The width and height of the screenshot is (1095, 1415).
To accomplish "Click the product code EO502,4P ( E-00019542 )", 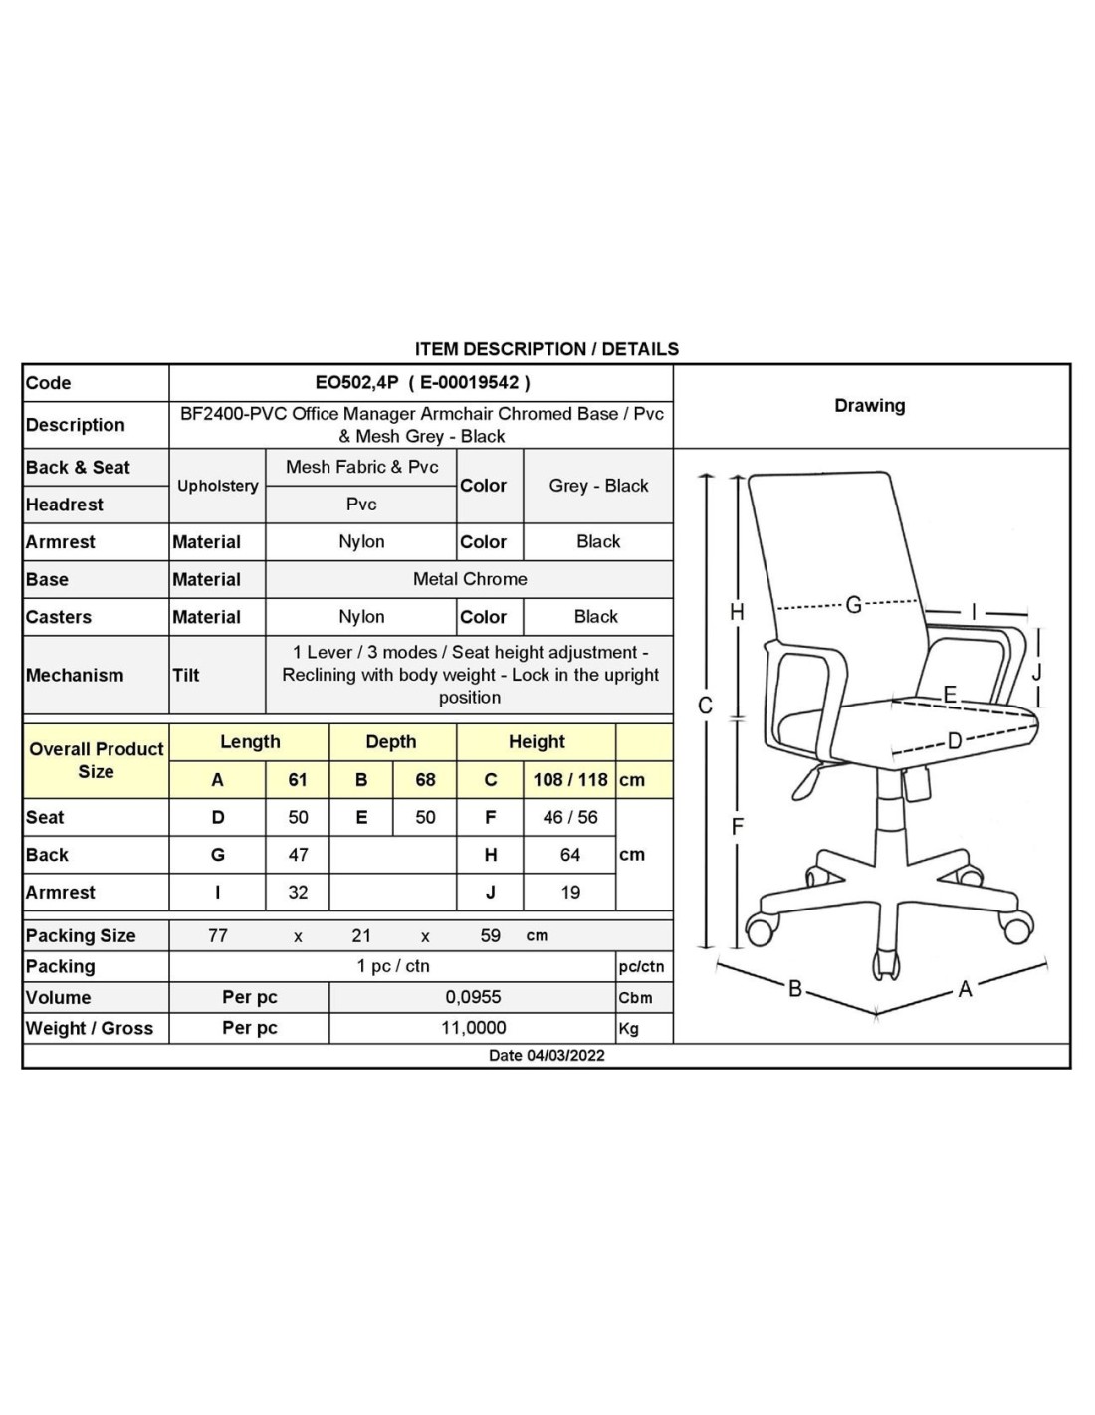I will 422,382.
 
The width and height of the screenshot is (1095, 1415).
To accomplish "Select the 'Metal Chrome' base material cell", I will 470,579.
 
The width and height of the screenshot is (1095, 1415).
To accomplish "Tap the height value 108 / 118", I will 569,780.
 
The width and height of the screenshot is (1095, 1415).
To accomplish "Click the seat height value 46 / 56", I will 570,817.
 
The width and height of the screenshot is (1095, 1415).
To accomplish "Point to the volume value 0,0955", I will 473,997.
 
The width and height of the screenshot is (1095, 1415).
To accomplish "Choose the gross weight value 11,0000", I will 473,1028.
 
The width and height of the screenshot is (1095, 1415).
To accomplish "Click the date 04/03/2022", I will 547,1055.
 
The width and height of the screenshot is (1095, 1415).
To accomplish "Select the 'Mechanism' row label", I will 75,675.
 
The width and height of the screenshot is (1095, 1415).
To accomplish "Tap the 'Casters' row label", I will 59,617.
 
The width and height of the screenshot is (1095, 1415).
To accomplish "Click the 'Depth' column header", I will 391,742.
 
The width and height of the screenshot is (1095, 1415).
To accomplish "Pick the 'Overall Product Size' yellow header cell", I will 96,760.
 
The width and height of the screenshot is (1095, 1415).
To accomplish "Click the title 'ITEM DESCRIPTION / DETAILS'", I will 547,349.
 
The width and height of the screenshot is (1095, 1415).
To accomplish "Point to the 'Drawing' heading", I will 870,406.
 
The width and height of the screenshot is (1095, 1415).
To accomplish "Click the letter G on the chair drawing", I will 853,604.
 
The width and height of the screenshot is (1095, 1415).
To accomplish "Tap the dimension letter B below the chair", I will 794,988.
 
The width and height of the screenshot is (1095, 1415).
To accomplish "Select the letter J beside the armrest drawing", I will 1036,672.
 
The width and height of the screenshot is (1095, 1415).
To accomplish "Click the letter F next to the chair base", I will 737,826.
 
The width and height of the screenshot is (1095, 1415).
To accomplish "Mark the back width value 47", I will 298,855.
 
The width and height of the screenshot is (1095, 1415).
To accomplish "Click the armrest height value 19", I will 570,893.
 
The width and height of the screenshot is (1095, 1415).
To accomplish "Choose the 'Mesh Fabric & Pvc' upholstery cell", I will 361,467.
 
